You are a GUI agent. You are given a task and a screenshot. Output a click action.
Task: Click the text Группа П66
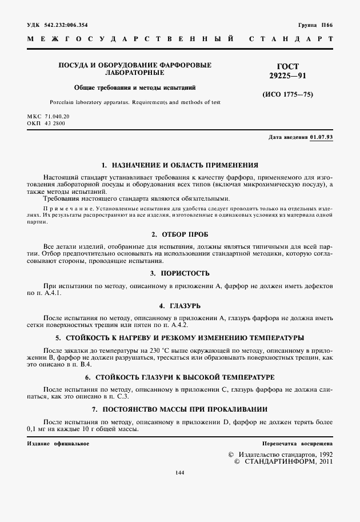[314, 25]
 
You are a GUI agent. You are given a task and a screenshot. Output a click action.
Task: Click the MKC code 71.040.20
[56, 117]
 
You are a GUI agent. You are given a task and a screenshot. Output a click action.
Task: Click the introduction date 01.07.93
[321, 138]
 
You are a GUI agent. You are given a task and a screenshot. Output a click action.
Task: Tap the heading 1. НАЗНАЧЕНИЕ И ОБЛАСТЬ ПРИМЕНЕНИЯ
[179, 164]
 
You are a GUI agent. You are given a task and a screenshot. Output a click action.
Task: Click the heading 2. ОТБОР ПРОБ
[179, 234]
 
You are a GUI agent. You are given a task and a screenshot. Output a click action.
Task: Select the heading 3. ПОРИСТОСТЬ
[179, 273]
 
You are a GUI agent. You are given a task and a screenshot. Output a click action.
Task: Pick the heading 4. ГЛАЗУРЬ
[179, 306]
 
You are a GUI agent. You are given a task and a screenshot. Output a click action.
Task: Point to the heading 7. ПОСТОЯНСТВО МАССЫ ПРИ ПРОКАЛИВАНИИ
[179, 409]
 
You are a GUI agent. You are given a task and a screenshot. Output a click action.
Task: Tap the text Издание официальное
[58, 444]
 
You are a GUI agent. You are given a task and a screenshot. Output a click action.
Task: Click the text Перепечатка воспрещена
[297, 444]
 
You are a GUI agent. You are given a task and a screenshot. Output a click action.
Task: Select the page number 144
[181, 472]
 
